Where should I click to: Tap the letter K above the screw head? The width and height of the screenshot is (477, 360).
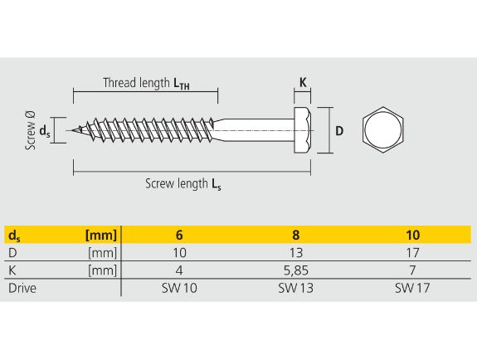click(303, 82)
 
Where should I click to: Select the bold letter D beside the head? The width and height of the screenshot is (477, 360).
click(339, 131)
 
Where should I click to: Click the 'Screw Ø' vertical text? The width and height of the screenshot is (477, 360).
click(31, 130)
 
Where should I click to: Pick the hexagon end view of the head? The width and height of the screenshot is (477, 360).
click(383, 130)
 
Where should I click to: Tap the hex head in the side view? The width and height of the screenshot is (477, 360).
click(303, 130)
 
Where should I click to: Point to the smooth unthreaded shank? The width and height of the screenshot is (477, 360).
click(256, 130)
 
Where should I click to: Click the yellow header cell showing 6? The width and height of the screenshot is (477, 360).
click(179, 235)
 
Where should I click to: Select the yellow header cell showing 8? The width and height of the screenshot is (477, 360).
click(295, 235)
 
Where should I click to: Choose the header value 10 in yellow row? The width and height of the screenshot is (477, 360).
click(413, 235)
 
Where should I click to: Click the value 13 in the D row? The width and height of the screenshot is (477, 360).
click(296, 252)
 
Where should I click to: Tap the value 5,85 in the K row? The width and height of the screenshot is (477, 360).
click(296, 270)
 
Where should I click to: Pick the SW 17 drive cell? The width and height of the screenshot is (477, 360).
click(412, 288)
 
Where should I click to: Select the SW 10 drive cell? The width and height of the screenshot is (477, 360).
click(179, 288)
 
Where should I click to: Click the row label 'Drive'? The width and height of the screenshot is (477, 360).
click(22, 288)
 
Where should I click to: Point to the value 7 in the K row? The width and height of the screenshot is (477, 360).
click(412, 270)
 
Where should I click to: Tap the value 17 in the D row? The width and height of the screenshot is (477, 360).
click(413, 252)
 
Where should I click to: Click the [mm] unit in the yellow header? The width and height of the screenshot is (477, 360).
click(101, 236)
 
